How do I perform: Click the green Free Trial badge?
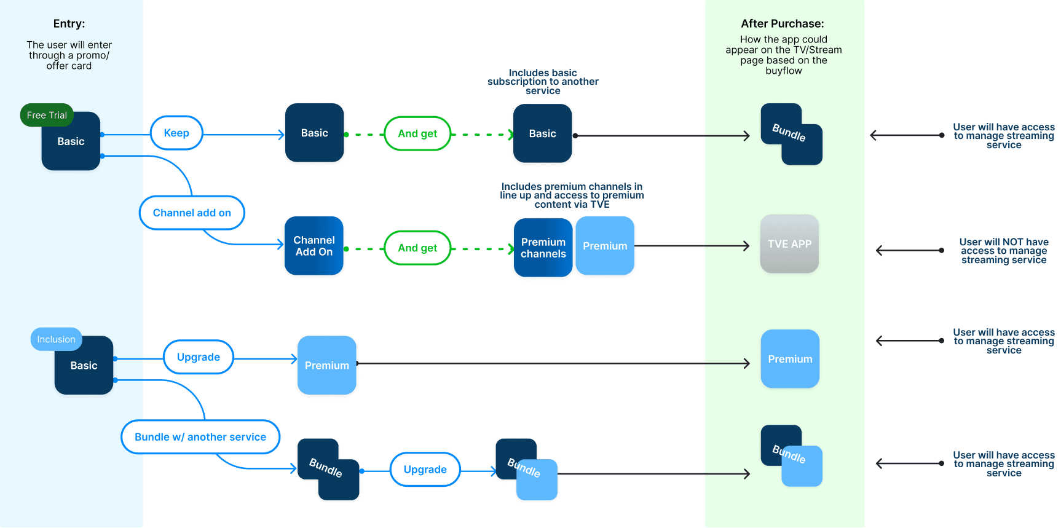coord(47,115)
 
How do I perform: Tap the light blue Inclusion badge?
coord(56,339)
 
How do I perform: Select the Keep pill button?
coord(176,133)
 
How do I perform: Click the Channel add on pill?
coord(192,213)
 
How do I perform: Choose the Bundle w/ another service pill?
coord(200,437)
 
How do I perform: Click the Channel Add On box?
coord(314,246)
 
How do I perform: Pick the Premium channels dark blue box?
coord(543,248)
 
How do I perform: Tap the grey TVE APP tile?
coord(789,244)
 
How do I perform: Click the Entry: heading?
coord(69,24)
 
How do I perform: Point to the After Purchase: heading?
coord(783,24)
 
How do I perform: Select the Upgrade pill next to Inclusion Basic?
coord(199,357)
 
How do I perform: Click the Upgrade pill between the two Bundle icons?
coord(425,470)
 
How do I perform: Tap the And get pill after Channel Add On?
coord(417,248)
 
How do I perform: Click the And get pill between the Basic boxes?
coord(417,133)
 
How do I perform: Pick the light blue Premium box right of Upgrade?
coord(327,365)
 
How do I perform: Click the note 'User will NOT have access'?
coord(1004,251)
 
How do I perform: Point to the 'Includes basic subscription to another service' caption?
coord(543,82)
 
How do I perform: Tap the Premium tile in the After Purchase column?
coord(790,359)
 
